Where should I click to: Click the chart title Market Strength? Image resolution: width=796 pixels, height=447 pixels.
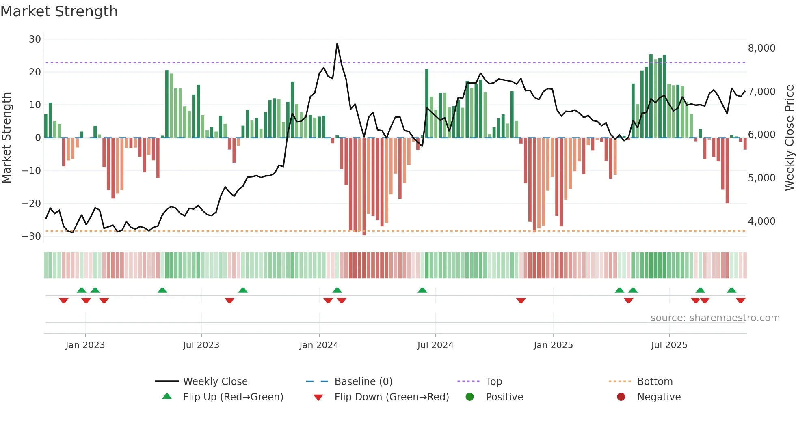59,11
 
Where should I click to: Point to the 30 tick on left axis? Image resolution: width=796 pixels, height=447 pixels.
35,39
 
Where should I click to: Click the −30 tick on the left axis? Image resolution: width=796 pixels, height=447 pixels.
31,236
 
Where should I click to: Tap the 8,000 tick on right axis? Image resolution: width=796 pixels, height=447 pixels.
761,48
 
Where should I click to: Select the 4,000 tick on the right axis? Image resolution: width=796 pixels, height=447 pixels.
761,221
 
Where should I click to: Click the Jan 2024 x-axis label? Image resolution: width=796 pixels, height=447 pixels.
319,345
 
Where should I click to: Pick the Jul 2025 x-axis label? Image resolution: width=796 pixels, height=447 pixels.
669,345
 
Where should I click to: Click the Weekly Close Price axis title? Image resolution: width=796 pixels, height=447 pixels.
789,138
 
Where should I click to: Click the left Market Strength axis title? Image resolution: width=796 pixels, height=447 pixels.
6,138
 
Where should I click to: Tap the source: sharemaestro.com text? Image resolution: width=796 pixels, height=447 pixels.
715,318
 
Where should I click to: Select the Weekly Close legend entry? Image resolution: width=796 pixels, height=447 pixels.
215,382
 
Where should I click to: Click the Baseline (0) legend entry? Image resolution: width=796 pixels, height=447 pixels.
363,382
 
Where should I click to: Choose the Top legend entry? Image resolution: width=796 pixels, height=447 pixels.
493,382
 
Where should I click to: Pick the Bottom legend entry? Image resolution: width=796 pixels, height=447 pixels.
655,382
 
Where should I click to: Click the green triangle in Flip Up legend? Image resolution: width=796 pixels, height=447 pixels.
167,396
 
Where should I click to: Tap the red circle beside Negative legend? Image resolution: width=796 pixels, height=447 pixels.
621,397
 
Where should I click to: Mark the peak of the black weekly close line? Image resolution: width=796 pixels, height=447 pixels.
337,43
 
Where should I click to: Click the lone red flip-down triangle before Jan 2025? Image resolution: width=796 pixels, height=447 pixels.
521,301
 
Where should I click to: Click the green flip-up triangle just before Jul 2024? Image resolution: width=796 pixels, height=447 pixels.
422,290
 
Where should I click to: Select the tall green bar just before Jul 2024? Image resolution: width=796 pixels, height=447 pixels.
427,103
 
